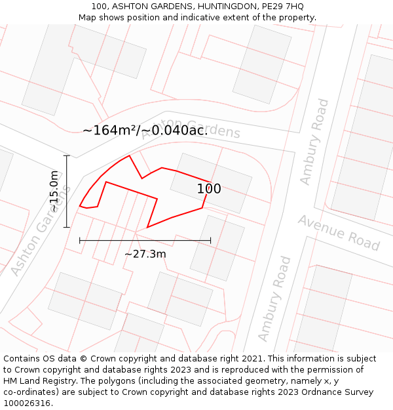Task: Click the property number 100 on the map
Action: click(209, 189)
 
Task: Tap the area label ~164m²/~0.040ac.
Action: click(145, 130)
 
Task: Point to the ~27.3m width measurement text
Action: click(145, 254)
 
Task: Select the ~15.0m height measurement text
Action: click(54, 192)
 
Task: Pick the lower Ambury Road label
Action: click(274, 299)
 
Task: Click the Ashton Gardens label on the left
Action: click(41, 229)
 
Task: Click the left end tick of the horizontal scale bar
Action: click(80, 241)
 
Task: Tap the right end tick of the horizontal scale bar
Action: click(211, 241)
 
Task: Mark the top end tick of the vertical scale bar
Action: click(66, 155)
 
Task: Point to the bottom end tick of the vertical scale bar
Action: click(66, 228)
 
